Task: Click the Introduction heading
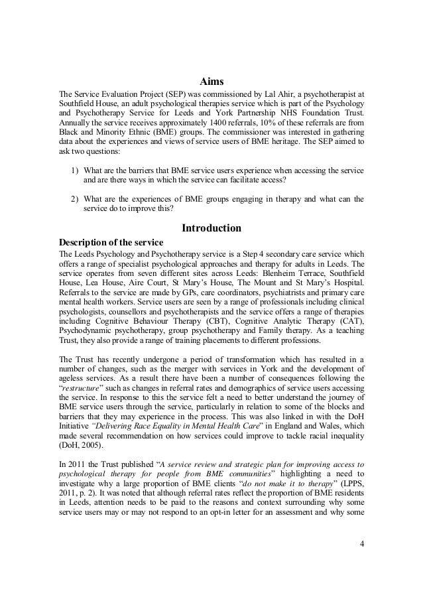(x=211, y=228)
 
